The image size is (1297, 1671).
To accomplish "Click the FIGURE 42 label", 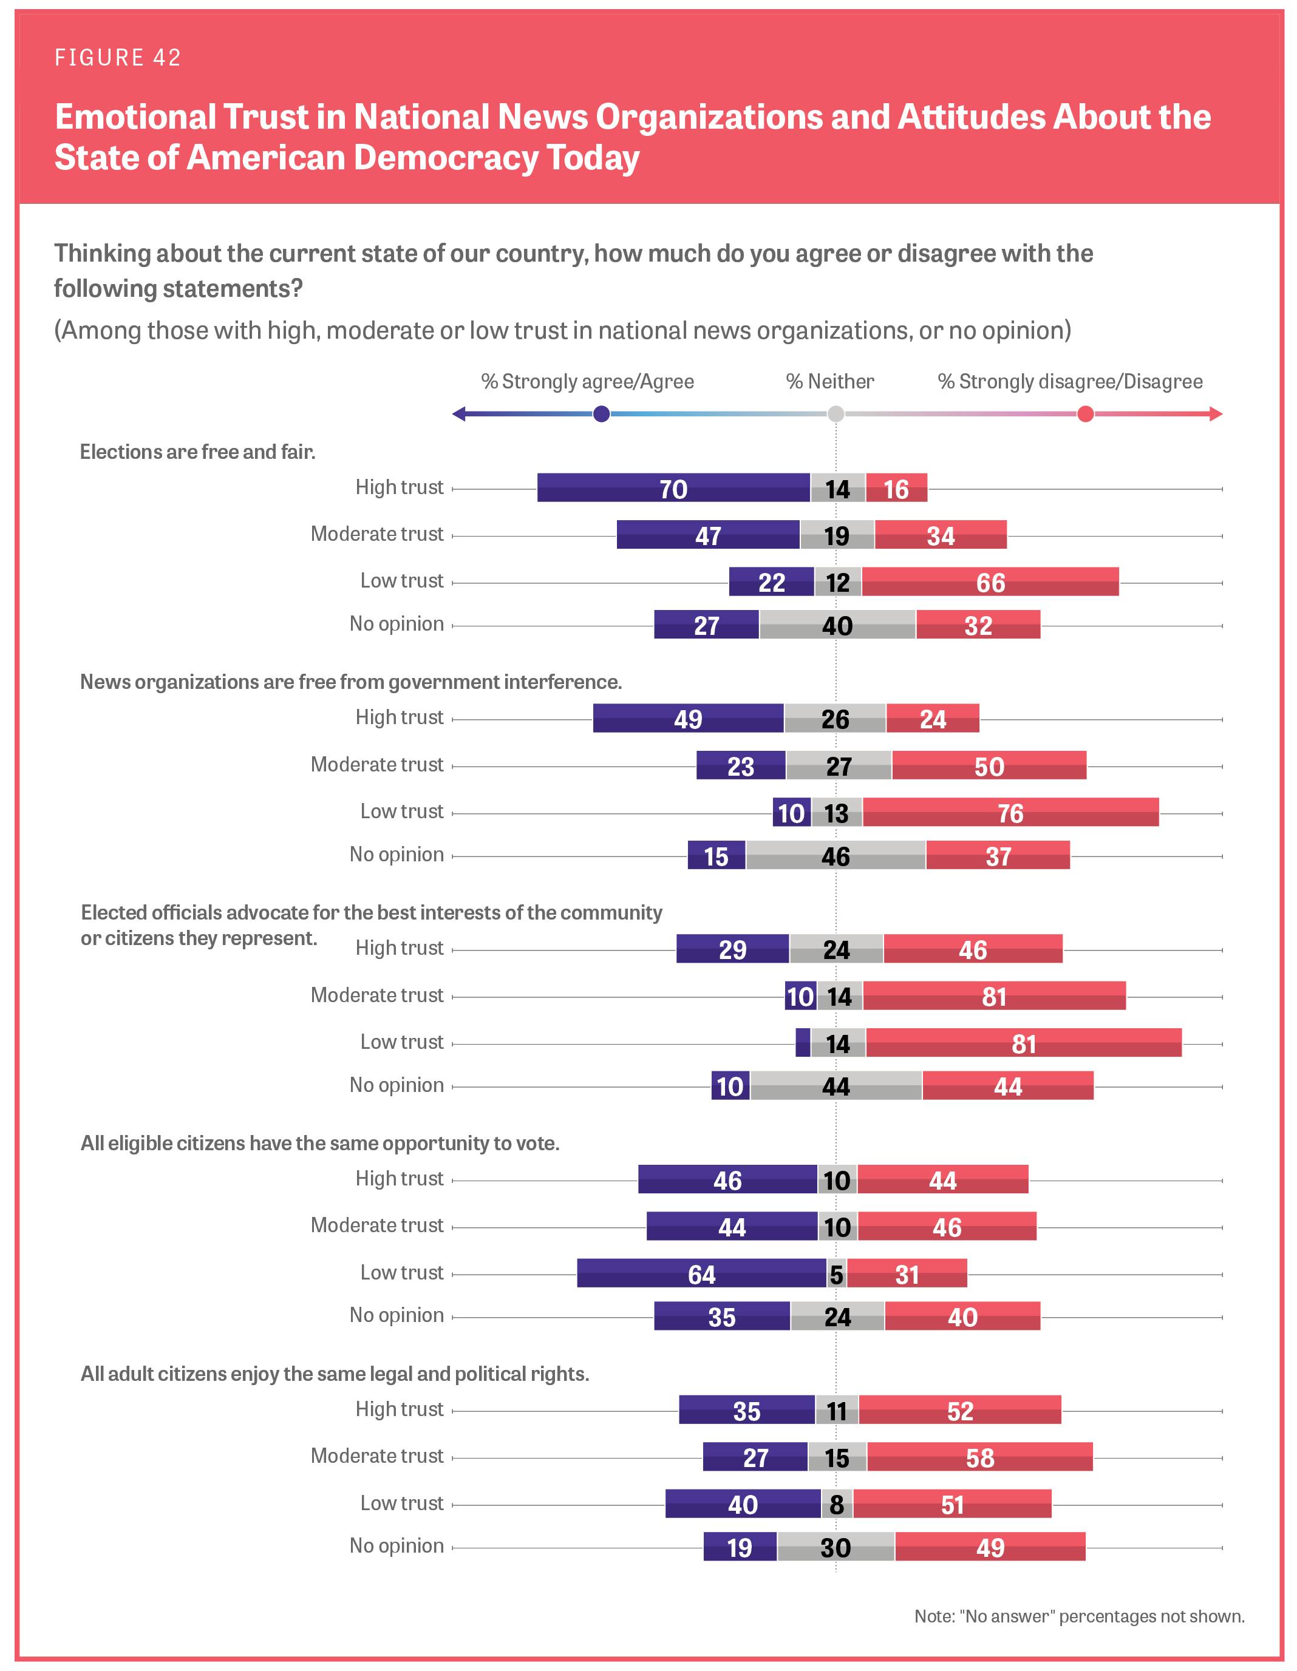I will click(x=118, y=58).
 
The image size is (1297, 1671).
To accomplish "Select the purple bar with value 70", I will click(x=673, y=488).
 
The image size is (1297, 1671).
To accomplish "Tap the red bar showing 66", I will click(x=990, y=582).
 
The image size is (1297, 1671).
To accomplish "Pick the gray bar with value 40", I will click(x=837, y=625).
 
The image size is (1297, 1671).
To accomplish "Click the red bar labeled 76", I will click(x=1010, y=813).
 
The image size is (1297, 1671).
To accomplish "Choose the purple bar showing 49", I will click(x=688, y=719).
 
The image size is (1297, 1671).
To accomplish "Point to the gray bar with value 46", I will click(x=836, y=855).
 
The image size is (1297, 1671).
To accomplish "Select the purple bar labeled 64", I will click(x=702, y=1274).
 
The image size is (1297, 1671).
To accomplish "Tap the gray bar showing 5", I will click(x=836, y=1274).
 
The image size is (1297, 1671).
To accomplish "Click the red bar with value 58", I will click(x=979, y=1457).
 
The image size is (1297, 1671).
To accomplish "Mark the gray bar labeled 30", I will click(x=836, y=1547).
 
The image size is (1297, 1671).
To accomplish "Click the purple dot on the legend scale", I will click(x=601, y=414).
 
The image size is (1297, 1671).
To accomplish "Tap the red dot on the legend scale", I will click(x=1085, y=414).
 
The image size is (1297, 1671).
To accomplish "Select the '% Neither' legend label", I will click(x=829, y=382).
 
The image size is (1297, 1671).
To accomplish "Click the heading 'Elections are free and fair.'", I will click(x=197, y=452).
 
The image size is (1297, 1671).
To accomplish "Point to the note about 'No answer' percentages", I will click(x=1079, y=1616).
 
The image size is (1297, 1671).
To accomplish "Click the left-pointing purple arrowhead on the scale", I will click(x=459, y=414).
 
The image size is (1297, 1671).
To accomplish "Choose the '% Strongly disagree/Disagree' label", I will click(x=1070, y=382).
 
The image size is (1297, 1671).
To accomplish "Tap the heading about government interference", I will click(x=350, y=682).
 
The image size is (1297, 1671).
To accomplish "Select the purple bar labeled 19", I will click(x=739, y=1547).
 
